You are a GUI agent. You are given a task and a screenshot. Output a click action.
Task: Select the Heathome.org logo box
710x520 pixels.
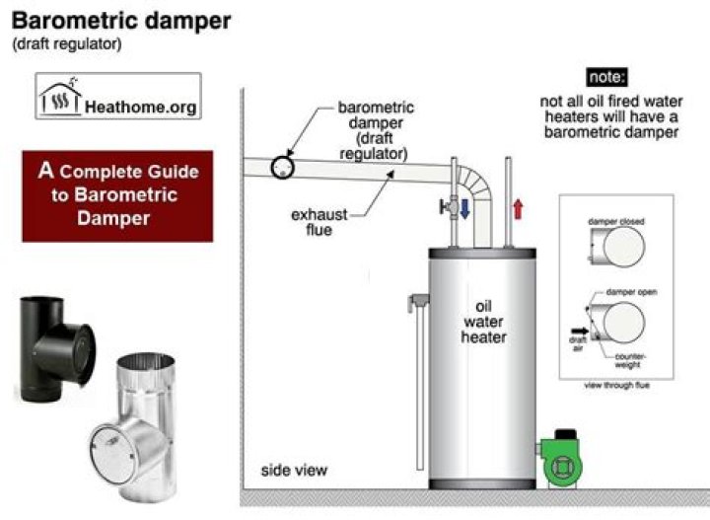click(x=118, y=97)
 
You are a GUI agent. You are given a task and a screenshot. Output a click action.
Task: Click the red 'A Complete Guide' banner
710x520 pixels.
click(x=118, y=195)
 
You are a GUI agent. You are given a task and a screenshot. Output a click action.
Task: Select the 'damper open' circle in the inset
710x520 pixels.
click(x=622, y=324)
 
